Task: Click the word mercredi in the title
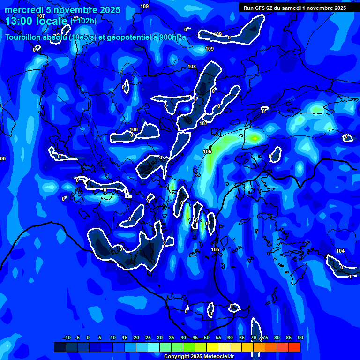click(23, 10)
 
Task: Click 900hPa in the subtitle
click(173, 37)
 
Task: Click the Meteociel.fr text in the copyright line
click(219, 357)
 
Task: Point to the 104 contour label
click(340, 251)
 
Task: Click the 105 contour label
click(215, 250)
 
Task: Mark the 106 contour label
click(207, 151)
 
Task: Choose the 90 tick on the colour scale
click(300, 337)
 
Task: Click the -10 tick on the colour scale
click(67, 337)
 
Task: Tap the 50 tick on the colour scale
click(207, 337)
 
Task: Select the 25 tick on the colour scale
click(148, 337)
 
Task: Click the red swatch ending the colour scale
click(294, 347)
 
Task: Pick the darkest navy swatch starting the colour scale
click(60, 347)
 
